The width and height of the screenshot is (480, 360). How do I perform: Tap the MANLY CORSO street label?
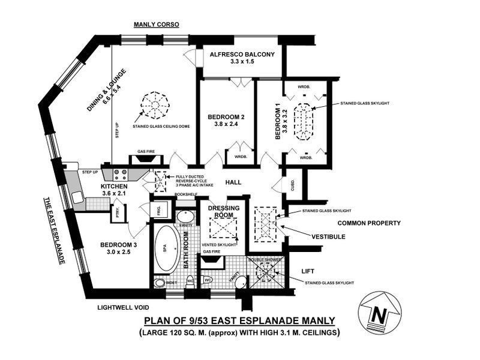pyautogui.click(x=156, y=25)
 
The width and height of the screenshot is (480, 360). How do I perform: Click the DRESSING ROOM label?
pyautogui.click(x=224, y=212)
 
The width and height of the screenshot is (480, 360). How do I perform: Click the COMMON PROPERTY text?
pyautogui.click(x=368, y=223)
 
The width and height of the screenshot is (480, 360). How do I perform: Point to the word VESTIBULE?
pyautogui.click(x=328, y=237)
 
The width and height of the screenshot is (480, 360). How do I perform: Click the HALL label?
pyautogui.click(x=233, y=182)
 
